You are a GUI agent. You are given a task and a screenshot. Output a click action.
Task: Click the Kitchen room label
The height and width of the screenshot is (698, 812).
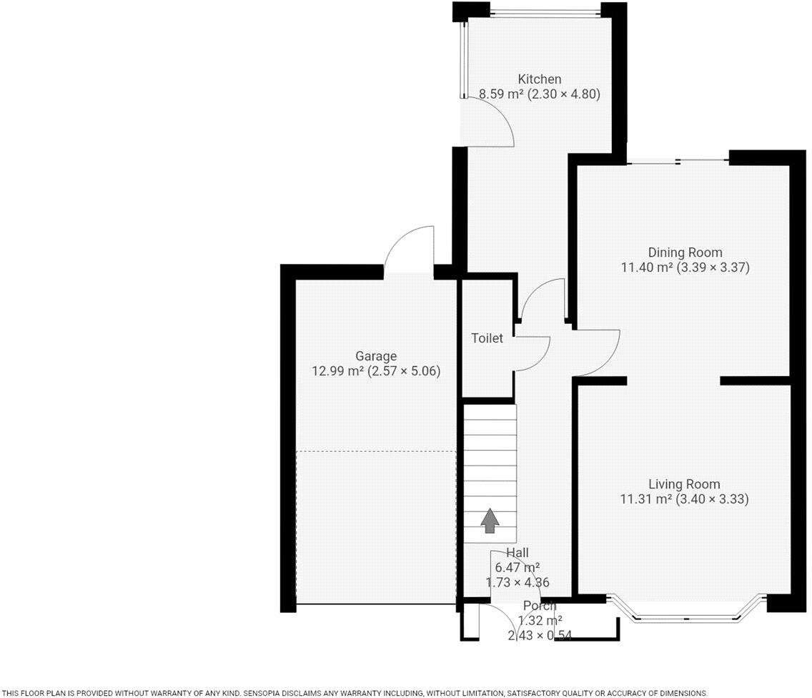[x=540, y=79]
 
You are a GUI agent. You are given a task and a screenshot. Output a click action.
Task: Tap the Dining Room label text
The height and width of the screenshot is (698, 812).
[x=685, y=252]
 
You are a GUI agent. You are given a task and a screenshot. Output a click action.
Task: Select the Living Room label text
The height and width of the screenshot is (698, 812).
[x=684, y=484]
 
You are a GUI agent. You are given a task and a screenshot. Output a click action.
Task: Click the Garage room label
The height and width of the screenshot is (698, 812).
[x=375, y=356]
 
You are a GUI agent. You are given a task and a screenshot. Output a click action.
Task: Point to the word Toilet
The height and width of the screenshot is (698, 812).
[x=487, y=338]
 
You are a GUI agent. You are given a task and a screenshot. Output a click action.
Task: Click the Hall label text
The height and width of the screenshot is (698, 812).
[x=517, y=552]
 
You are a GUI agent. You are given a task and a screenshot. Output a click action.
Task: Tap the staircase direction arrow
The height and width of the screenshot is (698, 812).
[x=489, y=521]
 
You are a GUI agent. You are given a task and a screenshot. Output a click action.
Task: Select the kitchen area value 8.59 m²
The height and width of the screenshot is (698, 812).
[x=500, y=94]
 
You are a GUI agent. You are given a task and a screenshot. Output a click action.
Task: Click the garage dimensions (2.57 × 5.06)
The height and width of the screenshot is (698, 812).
[x=404, y=371]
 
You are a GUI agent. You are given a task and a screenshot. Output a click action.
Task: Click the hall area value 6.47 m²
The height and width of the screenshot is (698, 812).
[x=517, y=567]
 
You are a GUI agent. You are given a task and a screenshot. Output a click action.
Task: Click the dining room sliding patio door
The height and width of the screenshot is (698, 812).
[x=678, y=162]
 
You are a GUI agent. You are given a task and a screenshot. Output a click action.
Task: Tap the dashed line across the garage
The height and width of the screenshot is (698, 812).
[x=375, y=451]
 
